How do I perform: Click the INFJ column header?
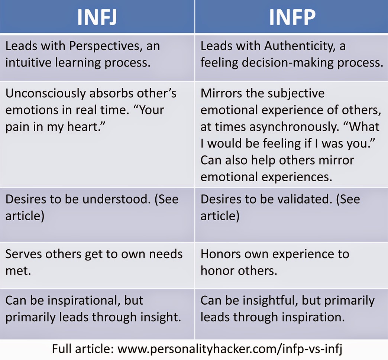(97, 17)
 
